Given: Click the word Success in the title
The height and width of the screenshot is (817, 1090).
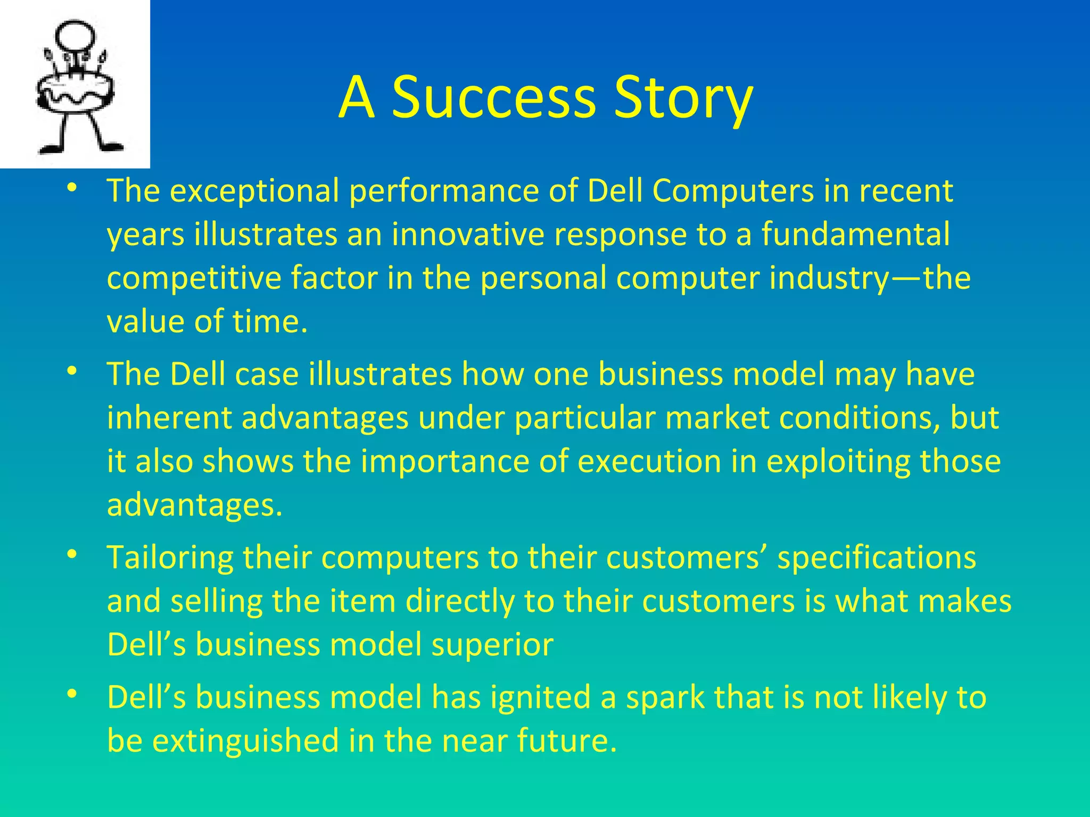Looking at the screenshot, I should (x=493, y=98).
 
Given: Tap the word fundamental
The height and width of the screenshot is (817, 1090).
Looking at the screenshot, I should (x=855, y=235).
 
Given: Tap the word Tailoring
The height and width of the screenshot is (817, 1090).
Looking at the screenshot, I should (x=170, y=558).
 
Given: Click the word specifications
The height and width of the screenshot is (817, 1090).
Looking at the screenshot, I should (x=877, y=558).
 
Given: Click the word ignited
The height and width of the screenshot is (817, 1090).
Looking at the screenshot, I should (x=540, y=698).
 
